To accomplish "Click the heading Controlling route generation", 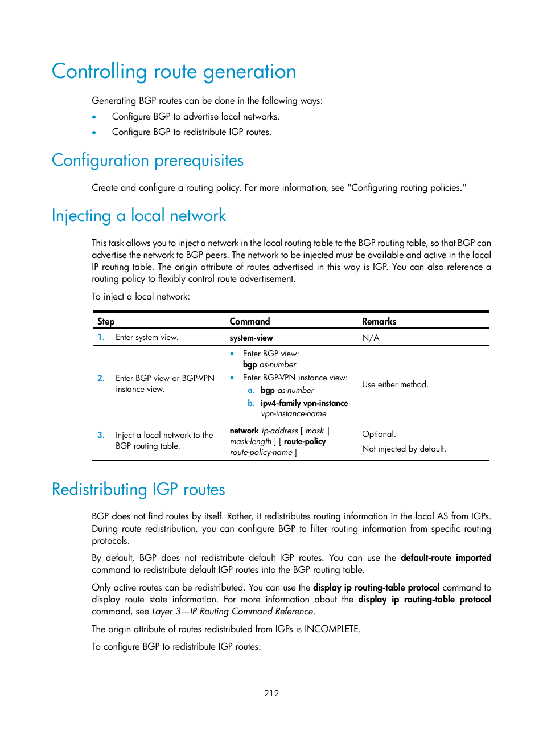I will pos(174,72).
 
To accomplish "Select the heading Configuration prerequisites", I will pos(147,161).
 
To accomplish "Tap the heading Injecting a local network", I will pos(138,216).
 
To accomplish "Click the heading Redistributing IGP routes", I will pos(138,490).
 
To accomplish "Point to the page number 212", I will pos(271,693).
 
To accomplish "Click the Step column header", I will pos(106,321).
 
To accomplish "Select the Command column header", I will pos(249,321).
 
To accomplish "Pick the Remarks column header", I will pos(379,321).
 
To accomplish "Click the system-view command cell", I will pos(251,338).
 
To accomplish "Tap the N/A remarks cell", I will pos(371,338).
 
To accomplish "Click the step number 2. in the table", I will pos(101,378).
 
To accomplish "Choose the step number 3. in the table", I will pos(101,435).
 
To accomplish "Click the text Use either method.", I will pos(395,384).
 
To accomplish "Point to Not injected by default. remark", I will pos(404,449).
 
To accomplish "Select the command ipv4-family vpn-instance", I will pos(304,403).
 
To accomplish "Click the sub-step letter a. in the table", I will pos(251,390).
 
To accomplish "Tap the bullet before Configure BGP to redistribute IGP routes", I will pos(94,132).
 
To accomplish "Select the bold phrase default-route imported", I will pos(446,557).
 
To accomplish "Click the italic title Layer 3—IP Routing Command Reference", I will pos(232,611).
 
